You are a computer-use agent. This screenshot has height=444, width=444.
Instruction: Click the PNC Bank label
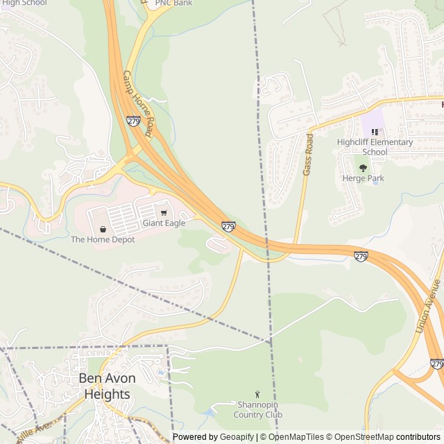(x=173, y=3)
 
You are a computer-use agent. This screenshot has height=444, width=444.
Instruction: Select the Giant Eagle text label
(x=164, y=223)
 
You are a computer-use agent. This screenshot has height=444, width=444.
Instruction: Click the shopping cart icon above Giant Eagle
(x=164, y=213)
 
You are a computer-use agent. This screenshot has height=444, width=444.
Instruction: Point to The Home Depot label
(x=103, y=239)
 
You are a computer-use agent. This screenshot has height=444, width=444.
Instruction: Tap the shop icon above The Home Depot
(x=103, y=229)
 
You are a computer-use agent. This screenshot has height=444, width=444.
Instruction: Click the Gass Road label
(x=309, y=154)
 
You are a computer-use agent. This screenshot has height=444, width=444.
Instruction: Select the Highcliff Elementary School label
(x=375, y=147)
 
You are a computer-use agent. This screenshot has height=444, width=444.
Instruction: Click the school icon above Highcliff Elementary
(x=375, y=132)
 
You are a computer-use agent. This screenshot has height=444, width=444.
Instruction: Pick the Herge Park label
(x=363, y=178)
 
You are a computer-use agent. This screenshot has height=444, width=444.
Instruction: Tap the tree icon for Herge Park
(x=363, y=168)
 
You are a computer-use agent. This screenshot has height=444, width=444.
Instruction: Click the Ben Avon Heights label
(x=107, y=386)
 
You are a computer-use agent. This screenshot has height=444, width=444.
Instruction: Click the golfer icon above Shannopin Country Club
(x=257, y=394)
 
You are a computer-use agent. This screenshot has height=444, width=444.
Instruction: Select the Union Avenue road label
(x=428, y=305)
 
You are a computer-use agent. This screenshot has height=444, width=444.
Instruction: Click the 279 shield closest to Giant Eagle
(x=228, y=226)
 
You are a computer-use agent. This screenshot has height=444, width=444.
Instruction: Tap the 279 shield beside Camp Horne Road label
(x=133, y=121)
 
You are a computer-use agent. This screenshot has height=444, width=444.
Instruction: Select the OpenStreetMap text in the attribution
(x=366, y=437)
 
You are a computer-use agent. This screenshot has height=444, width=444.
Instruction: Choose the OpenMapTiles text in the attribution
(x=296, y=437)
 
